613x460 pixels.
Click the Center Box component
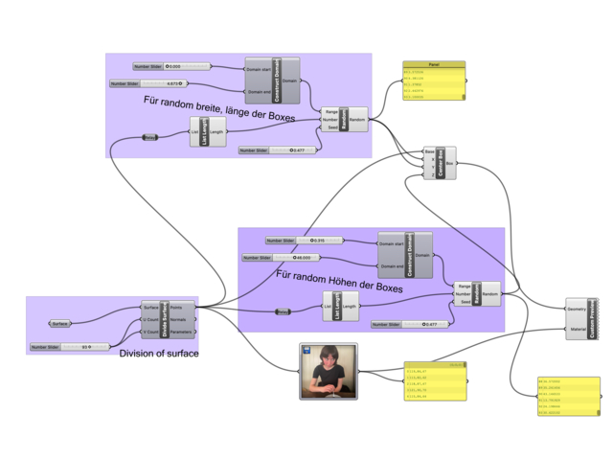[x=440, y=164]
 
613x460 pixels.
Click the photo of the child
[x=329, y=372]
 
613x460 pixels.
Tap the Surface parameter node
[x=60, y=324]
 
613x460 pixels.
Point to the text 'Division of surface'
[x=160, y=354]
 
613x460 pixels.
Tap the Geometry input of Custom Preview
[x=576, y=310]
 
